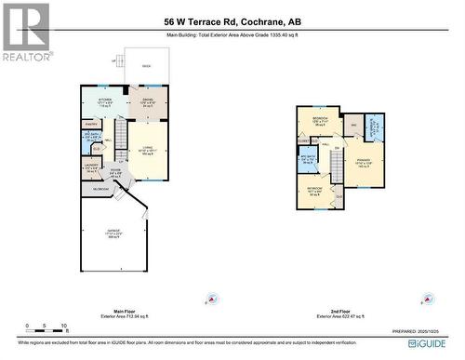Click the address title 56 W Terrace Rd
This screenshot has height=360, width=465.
click(x=232, y=20)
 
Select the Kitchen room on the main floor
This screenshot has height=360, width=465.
click(x=105, y=103)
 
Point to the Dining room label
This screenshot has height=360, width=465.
click(x=147, y=103)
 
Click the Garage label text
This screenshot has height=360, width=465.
click(x=114, y=235)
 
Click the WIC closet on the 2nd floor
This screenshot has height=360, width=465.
click(x=354, y=125)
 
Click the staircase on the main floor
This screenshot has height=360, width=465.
click(x=121, y=140)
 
